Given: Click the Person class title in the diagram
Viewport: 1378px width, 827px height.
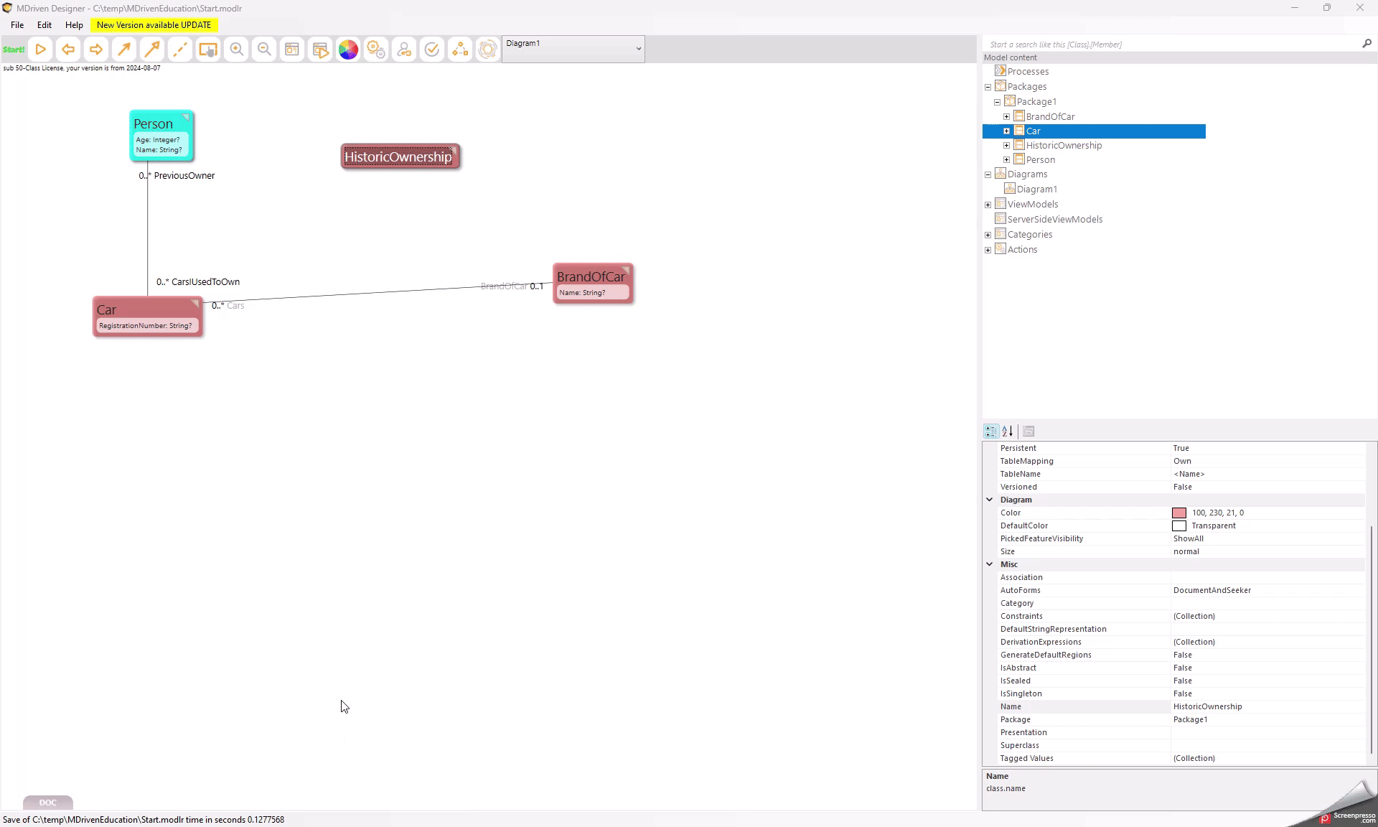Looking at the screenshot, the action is tap(153, 123).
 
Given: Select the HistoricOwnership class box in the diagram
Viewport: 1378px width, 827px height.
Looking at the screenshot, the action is tap(400, 156).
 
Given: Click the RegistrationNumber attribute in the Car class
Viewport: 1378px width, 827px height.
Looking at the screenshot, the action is tap(146, 326).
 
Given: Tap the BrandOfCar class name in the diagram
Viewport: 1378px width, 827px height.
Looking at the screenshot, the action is tap(591, 276).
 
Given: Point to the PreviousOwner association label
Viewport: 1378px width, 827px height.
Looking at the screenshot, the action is tap(184, 176).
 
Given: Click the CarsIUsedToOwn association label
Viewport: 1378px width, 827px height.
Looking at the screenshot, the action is tap(205, 282).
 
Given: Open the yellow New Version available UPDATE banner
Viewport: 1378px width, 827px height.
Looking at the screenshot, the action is tap(154, 25).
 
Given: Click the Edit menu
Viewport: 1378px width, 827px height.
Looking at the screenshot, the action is tap(44, 25).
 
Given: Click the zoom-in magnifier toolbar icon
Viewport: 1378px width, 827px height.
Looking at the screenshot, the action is tap(236, 50).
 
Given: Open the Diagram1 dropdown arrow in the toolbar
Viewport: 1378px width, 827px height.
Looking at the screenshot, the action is tap(638, 49).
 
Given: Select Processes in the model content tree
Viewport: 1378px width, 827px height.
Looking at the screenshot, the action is tap(1028, 72).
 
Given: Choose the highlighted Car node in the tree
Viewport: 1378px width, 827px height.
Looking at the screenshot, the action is tap(1033, 131).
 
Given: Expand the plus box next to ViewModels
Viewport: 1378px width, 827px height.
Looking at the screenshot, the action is tap(988, 205).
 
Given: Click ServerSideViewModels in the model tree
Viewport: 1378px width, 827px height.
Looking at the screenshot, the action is tap(1055, 220).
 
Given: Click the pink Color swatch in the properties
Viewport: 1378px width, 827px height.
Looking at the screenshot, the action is tap(1179, 513).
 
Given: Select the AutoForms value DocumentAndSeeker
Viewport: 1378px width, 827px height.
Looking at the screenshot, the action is tap(1212, 591).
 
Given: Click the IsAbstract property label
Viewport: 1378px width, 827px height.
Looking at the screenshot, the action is tap(1018, 668).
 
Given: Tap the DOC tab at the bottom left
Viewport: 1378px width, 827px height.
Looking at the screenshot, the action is tap(48, 803).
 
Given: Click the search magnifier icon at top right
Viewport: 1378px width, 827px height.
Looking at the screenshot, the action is tap(1367, 44).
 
